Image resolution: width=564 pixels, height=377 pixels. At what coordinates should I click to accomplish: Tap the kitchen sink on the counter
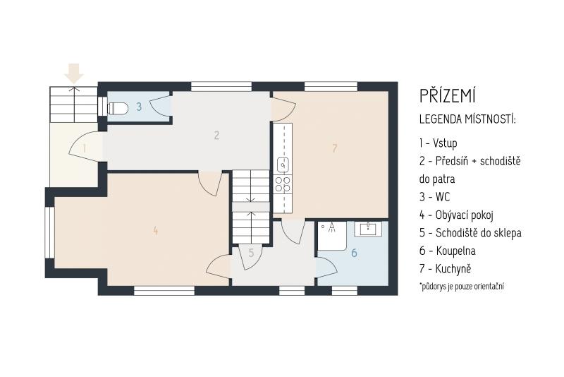point(284,165)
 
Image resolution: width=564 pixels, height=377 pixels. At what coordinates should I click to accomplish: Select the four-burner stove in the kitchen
point(283,184)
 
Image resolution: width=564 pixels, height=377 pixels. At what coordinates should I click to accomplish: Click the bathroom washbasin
point(368,228)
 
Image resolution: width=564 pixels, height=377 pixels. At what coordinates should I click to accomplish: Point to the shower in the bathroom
point(331,236)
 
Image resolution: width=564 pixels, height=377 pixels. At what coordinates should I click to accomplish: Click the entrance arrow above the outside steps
point(74,73)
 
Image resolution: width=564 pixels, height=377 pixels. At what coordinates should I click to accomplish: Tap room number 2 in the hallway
point(216,135)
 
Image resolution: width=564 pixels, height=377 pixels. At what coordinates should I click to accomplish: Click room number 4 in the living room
point(155,230)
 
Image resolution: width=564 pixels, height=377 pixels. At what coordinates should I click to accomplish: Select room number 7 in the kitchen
point(334,148)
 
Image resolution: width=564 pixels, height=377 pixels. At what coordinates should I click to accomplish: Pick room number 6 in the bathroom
point(354,253)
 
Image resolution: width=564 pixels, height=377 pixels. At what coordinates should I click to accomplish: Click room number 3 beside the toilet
point(139,107)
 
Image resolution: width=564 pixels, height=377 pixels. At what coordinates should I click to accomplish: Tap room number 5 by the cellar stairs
point(251,253)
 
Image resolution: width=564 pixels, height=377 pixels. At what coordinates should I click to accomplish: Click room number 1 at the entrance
point(85,148)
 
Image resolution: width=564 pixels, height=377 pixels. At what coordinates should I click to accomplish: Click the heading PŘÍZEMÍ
point(448,96)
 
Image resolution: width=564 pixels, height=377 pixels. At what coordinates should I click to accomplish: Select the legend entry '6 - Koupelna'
point(447,251)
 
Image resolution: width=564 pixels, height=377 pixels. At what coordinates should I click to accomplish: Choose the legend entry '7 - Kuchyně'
point(445,268)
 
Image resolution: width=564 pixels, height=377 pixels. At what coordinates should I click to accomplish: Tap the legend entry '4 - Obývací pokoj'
point(456,215)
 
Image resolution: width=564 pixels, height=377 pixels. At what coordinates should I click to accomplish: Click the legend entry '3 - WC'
point(434,197)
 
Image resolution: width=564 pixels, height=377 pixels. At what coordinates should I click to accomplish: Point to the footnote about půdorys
point(462,287)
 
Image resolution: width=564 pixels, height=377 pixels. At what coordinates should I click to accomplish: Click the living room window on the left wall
point(49,232)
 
